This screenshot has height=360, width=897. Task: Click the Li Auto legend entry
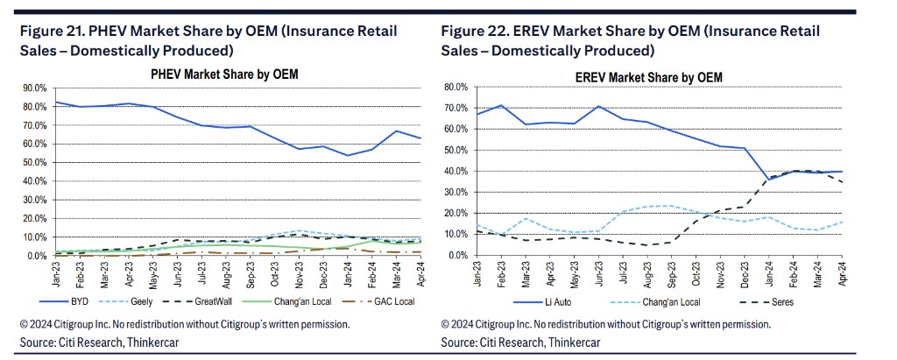[523, 301]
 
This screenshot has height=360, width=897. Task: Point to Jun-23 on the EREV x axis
[600, 274]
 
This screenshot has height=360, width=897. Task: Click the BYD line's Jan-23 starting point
[56, 102]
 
